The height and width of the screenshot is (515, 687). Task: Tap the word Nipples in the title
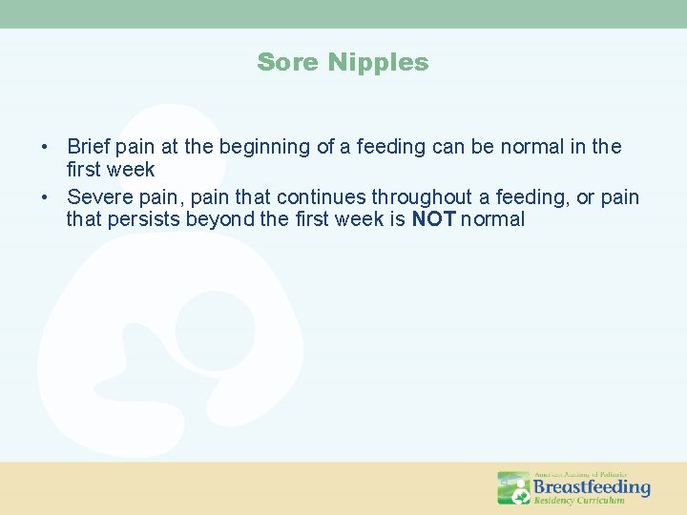point(379,63)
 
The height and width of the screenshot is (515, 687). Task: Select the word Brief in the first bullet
point(89,147)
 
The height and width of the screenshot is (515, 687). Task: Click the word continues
point(323,196)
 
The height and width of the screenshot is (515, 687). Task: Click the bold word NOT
point(433,219)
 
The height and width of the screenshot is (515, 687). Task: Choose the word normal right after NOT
point(492,219)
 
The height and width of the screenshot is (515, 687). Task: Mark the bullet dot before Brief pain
point(45,148)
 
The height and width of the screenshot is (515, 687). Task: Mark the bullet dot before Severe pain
point(45,197)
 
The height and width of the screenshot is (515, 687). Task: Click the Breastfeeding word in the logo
point(591,487)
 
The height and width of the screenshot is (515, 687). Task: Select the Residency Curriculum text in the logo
point(578,501)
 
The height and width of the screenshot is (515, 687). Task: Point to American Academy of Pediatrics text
point(580,474)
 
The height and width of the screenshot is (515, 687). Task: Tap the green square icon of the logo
point(513,487)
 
